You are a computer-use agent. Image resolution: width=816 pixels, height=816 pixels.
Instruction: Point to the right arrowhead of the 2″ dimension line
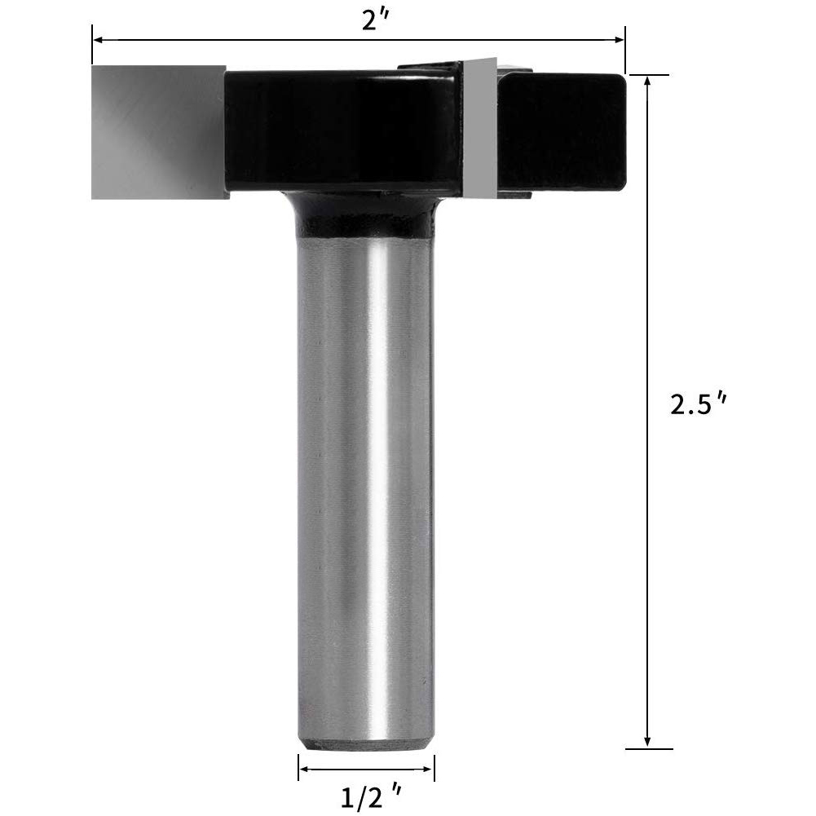pos(619,40)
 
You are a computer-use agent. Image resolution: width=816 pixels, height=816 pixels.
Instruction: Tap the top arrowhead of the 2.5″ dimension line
pos(647,82)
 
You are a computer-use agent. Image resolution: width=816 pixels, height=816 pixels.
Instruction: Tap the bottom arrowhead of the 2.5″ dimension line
pos(647,743)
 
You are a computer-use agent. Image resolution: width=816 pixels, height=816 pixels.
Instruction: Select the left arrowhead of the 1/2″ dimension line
pos(304,770)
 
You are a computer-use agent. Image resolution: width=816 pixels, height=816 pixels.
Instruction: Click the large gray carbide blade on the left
pos(159,132)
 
